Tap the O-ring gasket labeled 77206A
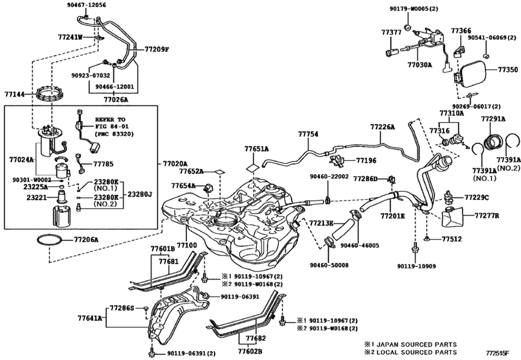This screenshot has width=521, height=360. (x=49, y=240)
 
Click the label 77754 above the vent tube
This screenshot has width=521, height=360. (x=308, y=134)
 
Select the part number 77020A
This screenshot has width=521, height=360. (x=175, y=163)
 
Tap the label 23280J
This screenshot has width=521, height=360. (x=139, y=194)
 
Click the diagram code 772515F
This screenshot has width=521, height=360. (x=497, y=352)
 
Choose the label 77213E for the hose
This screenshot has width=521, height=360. (x=321, y=222)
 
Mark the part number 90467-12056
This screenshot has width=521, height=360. (x=84, y=5)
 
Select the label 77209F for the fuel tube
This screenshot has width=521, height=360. (x=157, y=50)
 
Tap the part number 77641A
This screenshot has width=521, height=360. (x=90, y=318)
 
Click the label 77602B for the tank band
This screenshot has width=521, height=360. (x=250, y=351)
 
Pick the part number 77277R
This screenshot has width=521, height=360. (x=487, y=216)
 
